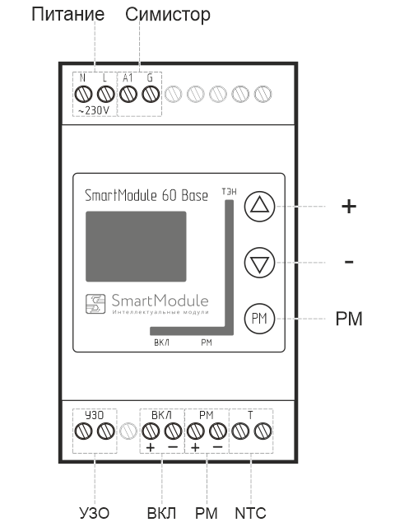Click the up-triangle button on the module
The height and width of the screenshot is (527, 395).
(x=259, y=207)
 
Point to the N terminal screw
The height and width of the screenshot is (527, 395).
(x=83, y=94)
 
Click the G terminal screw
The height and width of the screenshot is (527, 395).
(x=149, y=94)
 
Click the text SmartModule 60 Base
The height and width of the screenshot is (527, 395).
(x=147, y=196)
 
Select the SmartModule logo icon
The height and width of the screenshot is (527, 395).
(x=96, y=303)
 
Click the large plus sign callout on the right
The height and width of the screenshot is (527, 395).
(x=349, y=207)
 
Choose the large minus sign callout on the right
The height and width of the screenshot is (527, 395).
(x=349, y=262)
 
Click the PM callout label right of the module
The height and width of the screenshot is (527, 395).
(x=349, y=318)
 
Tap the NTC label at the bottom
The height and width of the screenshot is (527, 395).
(x=250, y=513)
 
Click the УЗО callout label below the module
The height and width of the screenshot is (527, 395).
(x=94, y=513)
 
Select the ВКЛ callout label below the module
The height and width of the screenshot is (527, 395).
(x=161, y=513)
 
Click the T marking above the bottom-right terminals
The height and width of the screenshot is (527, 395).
(x=250, y=413)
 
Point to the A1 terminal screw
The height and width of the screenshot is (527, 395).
(x=128, y=94)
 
